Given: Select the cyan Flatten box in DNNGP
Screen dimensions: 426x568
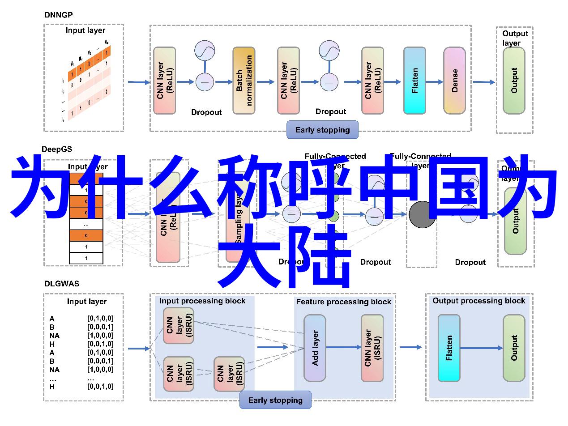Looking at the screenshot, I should tap(414, 81).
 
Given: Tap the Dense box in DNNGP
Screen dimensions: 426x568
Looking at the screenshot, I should tap(454, 81).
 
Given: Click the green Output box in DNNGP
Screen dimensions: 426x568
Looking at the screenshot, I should tap(514, 81).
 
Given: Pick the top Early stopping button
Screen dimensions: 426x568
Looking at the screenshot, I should tap(322, 130).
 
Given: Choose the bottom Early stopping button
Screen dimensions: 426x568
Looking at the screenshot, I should tap(275, 400).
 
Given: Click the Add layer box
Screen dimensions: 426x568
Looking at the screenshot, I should tap(315, 348).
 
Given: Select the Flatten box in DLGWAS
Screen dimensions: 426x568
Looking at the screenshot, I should tap(449, 348).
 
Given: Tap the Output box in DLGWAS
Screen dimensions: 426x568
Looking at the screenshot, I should tap(514, 348).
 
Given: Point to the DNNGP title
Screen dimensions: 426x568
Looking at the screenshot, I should tap(58, 14).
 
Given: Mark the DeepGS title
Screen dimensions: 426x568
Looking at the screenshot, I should tap(57, 149).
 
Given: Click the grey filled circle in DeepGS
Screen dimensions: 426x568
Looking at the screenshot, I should tap(422, 215).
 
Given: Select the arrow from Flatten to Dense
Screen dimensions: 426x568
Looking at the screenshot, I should tap(434, 82).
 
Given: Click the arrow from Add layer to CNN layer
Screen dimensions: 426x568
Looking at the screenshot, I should tap(344, 347).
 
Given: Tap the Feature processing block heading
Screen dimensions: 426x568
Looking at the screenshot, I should tap(343, 302).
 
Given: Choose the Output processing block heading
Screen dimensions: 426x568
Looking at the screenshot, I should tap(478, 301).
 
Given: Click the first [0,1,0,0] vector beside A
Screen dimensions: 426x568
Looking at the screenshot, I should tap(100, 319).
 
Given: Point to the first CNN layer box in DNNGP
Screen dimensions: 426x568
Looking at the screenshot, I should tap(164, 81).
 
